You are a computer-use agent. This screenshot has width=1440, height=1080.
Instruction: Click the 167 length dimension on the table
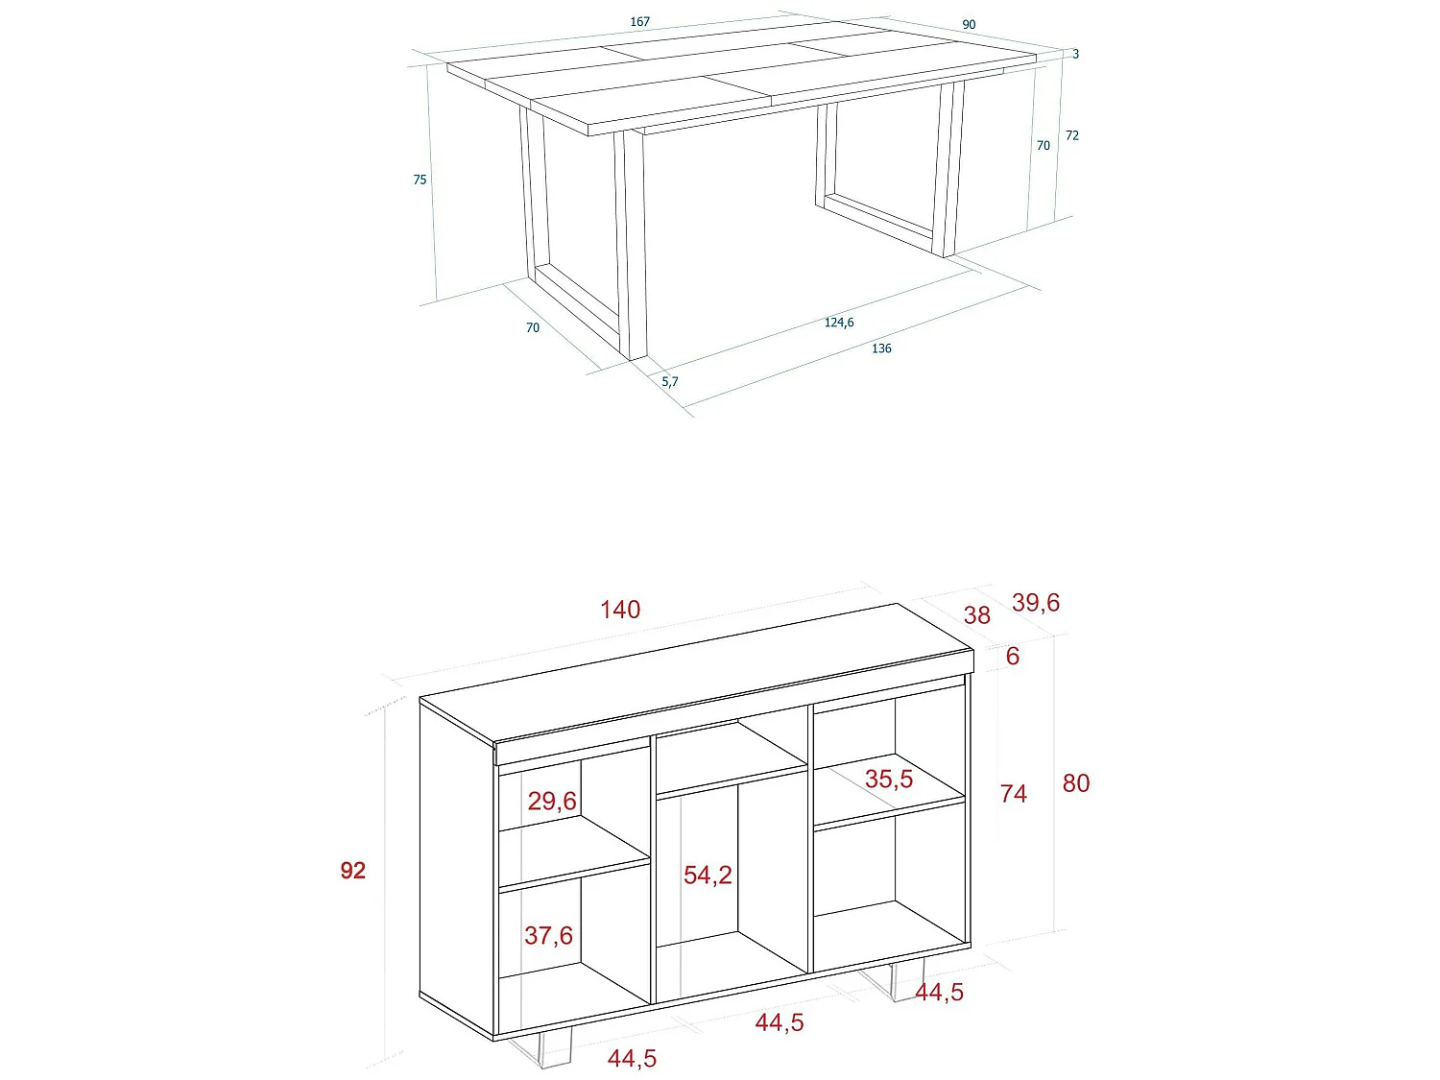[x=640, y=21]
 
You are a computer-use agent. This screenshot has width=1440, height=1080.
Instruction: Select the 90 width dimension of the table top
[x=969, y=25]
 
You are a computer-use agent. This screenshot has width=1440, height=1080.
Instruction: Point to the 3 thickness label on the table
[x=1075, y=55]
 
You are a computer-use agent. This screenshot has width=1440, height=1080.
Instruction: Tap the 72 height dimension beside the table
[x=1072, y=135]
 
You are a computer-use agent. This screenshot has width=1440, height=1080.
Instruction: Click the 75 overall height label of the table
[x=420, y=180]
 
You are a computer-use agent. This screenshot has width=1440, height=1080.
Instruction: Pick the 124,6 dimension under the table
[x=838, y=323]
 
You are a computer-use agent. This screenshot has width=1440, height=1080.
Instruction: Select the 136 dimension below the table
[x=881, y=348]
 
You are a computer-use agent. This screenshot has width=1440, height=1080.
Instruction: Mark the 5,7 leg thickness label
[x=669, y=381]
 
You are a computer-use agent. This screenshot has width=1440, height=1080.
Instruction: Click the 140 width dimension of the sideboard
[x=620, y=610]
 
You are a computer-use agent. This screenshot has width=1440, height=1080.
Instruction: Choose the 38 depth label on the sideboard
[x=976, y=615]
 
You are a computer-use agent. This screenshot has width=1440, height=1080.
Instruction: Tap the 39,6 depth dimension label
[x=1036, y=603]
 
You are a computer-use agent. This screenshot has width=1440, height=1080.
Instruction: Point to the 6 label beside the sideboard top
[x=1013, y=657]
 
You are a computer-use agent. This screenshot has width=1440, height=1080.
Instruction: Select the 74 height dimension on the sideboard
[x=1013, y=794]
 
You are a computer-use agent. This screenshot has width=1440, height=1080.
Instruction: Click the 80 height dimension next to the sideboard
[x=1076, y=783]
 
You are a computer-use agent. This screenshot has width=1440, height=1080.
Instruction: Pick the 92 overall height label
[x=353, y=871]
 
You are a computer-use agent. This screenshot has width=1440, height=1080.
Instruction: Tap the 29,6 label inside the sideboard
[x=552, y=801]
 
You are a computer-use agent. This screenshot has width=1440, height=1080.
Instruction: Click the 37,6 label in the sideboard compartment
[x=548, y=935]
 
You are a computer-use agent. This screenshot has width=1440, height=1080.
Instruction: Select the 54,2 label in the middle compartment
[x=708, y=875]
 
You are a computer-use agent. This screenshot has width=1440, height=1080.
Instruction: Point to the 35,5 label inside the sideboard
[x=889, y=779]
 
